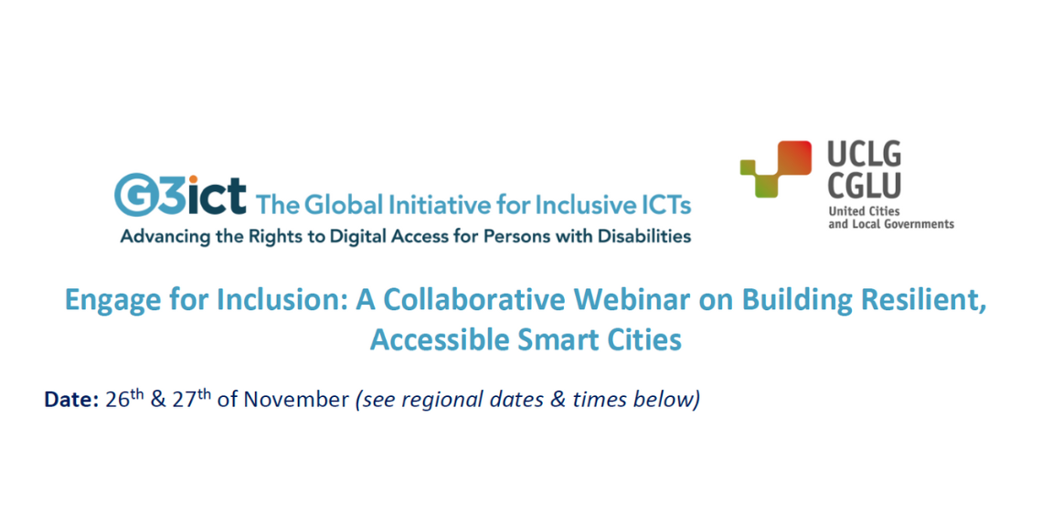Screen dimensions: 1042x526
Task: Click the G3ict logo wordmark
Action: coord(180,195)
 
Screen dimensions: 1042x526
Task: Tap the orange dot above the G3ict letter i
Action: coord(194,179)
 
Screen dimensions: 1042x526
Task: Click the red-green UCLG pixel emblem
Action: coord(775,169)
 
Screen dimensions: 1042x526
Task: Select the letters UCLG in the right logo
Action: coord(864,155)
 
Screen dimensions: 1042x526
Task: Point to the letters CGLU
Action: coord(864,185)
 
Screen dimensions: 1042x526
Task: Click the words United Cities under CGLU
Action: coord(864,211)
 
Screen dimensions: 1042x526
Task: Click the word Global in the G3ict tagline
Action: coord(344,204)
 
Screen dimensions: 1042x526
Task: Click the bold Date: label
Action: coord(72,399)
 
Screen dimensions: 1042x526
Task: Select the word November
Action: coord(296,399)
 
